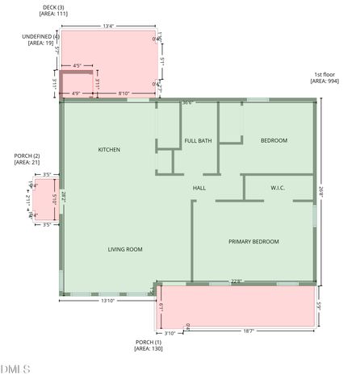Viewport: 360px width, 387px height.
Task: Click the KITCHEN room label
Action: (109, 150)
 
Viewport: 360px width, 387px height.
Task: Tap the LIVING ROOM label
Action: (125, 249)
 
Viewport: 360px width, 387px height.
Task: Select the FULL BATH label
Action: (198, 141)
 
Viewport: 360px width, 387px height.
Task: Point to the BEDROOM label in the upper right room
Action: (274, 141)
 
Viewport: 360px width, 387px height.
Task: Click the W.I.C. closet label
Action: (278, 189)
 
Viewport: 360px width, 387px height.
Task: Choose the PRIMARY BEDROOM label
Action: (253, 242)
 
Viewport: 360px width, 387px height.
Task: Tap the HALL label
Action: (199, 189)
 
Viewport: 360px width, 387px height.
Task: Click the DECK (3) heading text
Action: (54, 7)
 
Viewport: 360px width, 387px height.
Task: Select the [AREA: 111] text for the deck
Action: (54, 15)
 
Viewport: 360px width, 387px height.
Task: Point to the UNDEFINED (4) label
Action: (41, 36)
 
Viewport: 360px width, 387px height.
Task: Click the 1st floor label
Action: (327, 74)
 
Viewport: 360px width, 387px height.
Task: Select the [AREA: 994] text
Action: (327, 81)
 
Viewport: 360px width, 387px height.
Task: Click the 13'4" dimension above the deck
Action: (108, 26)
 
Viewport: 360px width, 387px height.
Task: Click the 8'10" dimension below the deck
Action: (124, 94)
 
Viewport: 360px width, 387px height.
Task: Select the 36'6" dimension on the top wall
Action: (187, 102)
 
